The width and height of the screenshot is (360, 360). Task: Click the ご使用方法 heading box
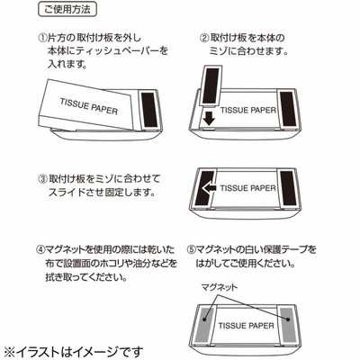tap(67, 9)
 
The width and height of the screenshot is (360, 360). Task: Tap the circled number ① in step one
tap(41, 38)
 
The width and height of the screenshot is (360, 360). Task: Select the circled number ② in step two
tap(204, 38)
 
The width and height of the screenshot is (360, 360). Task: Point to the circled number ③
tap(43, 179)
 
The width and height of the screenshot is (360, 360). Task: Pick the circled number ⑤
tap(191, 249)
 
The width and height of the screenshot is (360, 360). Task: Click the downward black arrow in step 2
tap(209, 118)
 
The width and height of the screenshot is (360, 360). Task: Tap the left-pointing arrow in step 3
tap(210, 188)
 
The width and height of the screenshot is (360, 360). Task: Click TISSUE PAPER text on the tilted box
tap(89, 106)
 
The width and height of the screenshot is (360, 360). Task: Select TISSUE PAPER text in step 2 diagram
tap(248, 110)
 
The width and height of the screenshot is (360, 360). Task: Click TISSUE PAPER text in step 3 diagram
tap(248, 188)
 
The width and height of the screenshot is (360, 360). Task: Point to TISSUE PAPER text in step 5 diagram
tap(247, 326)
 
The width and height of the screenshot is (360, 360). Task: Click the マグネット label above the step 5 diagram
tap(220, 287)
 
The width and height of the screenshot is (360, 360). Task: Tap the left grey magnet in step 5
tap(204, 325)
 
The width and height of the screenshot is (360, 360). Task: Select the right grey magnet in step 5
tap(288, 324)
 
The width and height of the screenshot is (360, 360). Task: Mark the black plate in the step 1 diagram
tap(148, 110)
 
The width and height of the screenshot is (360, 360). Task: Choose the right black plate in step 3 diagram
tap(288, 189)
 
